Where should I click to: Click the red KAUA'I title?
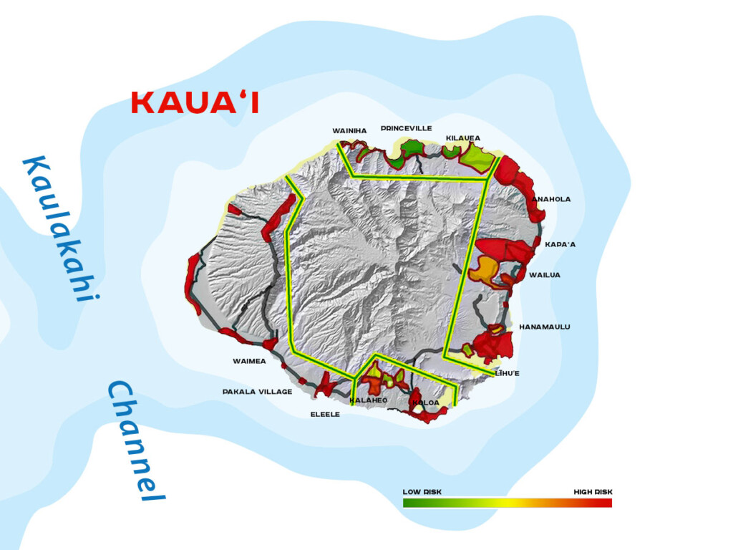pos(195,103)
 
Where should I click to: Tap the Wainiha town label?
pos(349,131)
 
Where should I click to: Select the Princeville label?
pos(406,128)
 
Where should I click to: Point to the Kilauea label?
pos(463,138)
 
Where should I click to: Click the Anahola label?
pos(551,199)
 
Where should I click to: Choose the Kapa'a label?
pos(560,244)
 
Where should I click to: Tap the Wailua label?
pos(545,275)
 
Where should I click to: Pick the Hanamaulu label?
pos(545,327)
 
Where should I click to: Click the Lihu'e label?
pos(508,373)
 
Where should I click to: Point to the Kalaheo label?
pos(369,400)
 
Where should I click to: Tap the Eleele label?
pos(325,415)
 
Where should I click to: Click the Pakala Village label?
pos(257,392)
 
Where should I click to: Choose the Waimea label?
pos(249,361)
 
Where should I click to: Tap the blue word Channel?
pos(136,440)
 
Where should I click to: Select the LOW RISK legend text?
pos(422,492)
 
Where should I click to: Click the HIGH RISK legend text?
pos(593,492)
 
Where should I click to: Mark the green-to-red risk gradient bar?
pos(507,503)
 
